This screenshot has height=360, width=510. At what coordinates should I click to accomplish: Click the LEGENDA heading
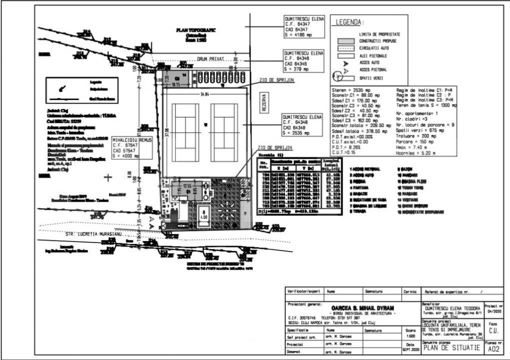[x=350, y=22]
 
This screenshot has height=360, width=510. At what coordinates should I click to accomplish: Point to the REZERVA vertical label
[x=264, y=103]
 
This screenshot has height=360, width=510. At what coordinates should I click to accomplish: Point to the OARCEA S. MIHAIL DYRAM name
[x=353, y=308]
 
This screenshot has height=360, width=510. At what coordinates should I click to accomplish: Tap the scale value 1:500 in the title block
[x=410, y=337]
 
